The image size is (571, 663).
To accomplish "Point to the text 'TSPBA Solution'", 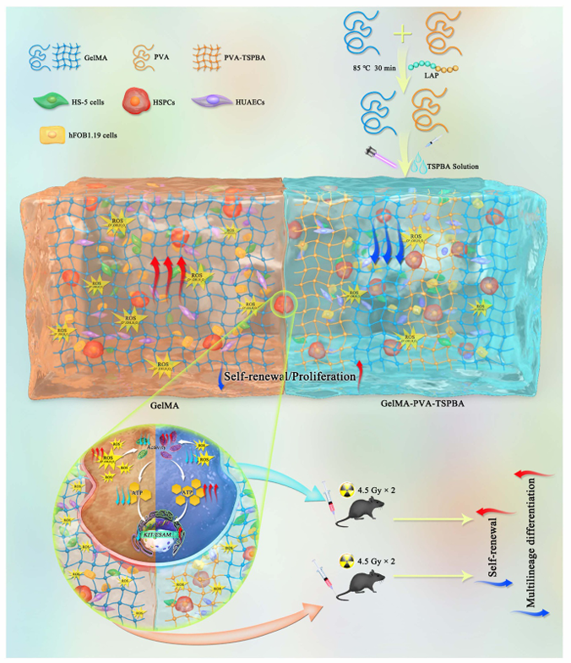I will pyautogui.click(x=454, y=167).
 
